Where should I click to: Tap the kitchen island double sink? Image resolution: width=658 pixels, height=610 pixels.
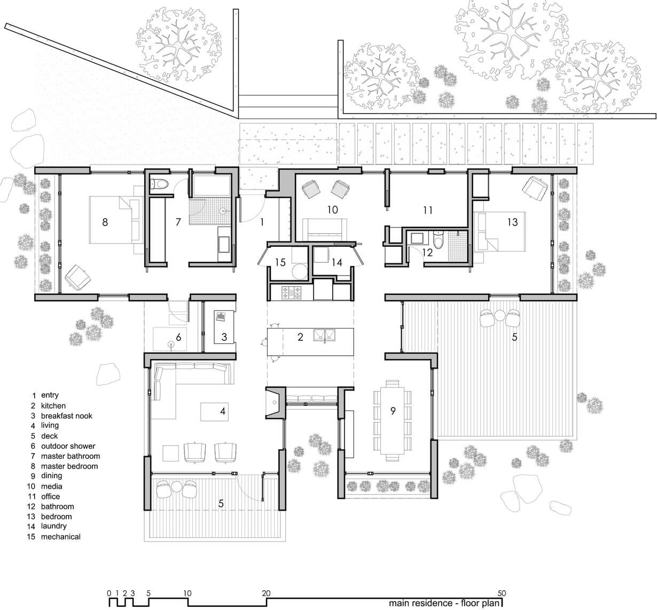click(x=324, y=336)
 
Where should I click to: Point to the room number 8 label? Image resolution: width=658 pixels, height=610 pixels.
click(x=105, y=222)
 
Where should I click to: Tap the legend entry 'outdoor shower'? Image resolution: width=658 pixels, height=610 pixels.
click(x=68, y=446)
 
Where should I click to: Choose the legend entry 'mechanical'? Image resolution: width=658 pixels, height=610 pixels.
click(x=60, y=537)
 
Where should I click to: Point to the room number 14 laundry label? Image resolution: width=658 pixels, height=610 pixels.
click(x=336, y=263)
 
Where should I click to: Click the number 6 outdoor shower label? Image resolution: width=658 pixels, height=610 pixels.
click(x=178, y=337)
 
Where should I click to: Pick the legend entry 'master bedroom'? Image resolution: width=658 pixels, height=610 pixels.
click(x=69, y=466)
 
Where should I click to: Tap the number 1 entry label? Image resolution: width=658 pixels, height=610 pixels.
click(x=262, y=222)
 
